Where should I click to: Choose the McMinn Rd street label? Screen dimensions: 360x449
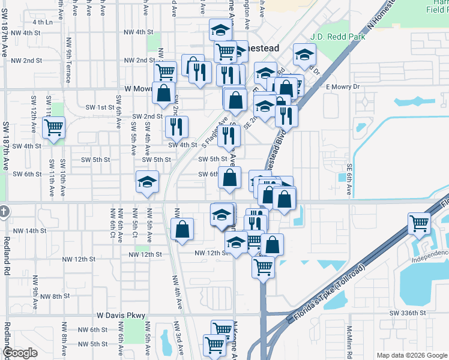(349, 343)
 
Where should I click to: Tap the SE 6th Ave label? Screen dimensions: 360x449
(349, 179)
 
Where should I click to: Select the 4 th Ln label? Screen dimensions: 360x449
(43, 22)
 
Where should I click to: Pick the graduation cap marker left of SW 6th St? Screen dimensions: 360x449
(147, 182)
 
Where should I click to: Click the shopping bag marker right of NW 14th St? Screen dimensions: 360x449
(182, 229)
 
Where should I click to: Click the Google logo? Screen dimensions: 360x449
(20, 353)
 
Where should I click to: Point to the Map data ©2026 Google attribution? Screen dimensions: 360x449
(412, 355)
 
